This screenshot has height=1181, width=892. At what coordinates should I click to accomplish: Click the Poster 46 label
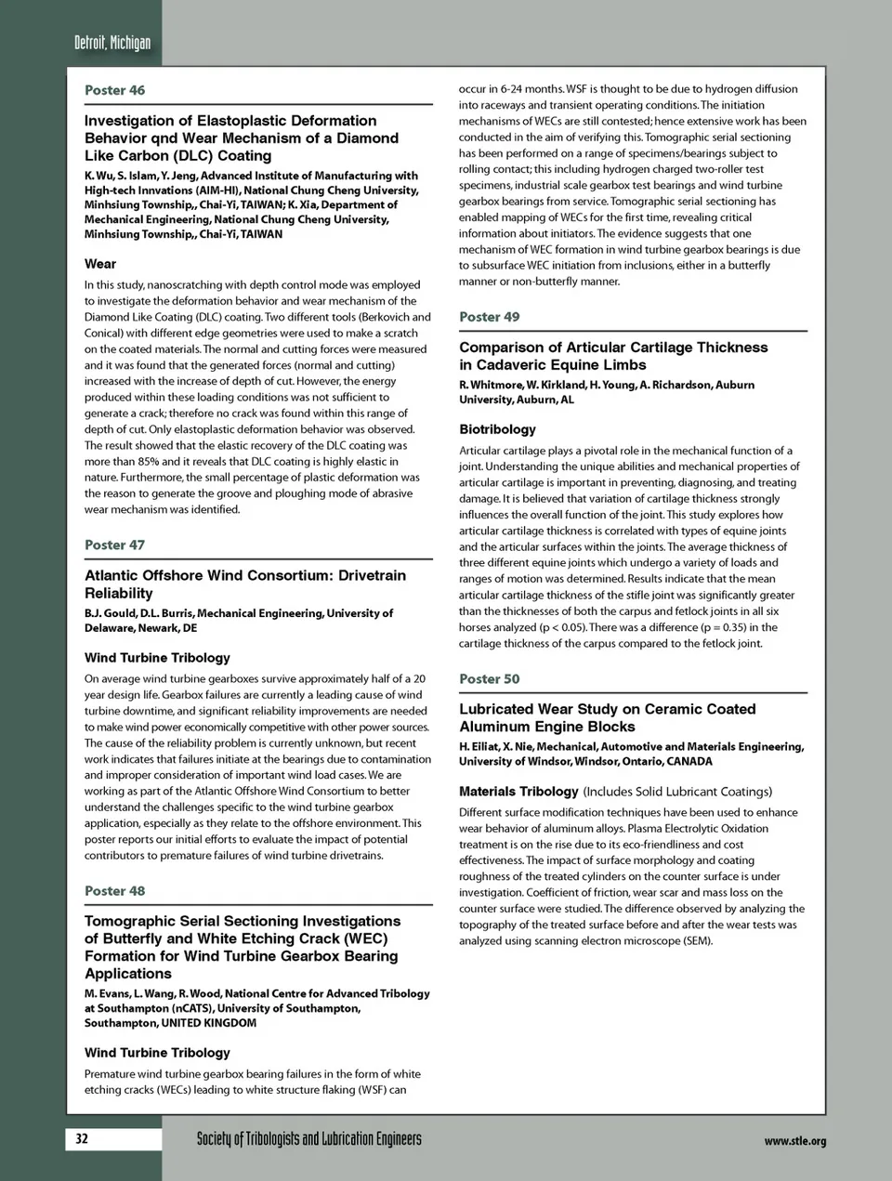(x=114, y=90)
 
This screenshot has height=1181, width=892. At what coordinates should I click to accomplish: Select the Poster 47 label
(x=114, y=545)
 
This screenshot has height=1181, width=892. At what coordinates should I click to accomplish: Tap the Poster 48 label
(x=114, y=891)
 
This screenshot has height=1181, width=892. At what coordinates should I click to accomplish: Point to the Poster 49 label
(x=489, y=317)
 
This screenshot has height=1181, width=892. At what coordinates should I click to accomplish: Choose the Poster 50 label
(x=489, y=679)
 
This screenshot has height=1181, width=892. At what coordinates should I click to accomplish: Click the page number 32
(x=82, y=1138)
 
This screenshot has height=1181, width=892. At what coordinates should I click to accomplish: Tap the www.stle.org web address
(x=794, y=1141)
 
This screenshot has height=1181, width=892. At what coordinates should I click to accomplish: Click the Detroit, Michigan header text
(x=111, y=43)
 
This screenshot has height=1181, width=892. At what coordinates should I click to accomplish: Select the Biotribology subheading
(x=497, y=429)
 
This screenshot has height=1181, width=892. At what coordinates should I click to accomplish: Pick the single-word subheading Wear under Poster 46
(x=100, y=264)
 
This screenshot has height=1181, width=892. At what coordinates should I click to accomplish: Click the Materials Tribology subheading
(x=518, y=792)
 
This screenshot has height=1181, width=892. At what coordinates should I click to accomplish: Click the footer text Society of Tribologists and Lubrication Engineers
(x=308, y=1139)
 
